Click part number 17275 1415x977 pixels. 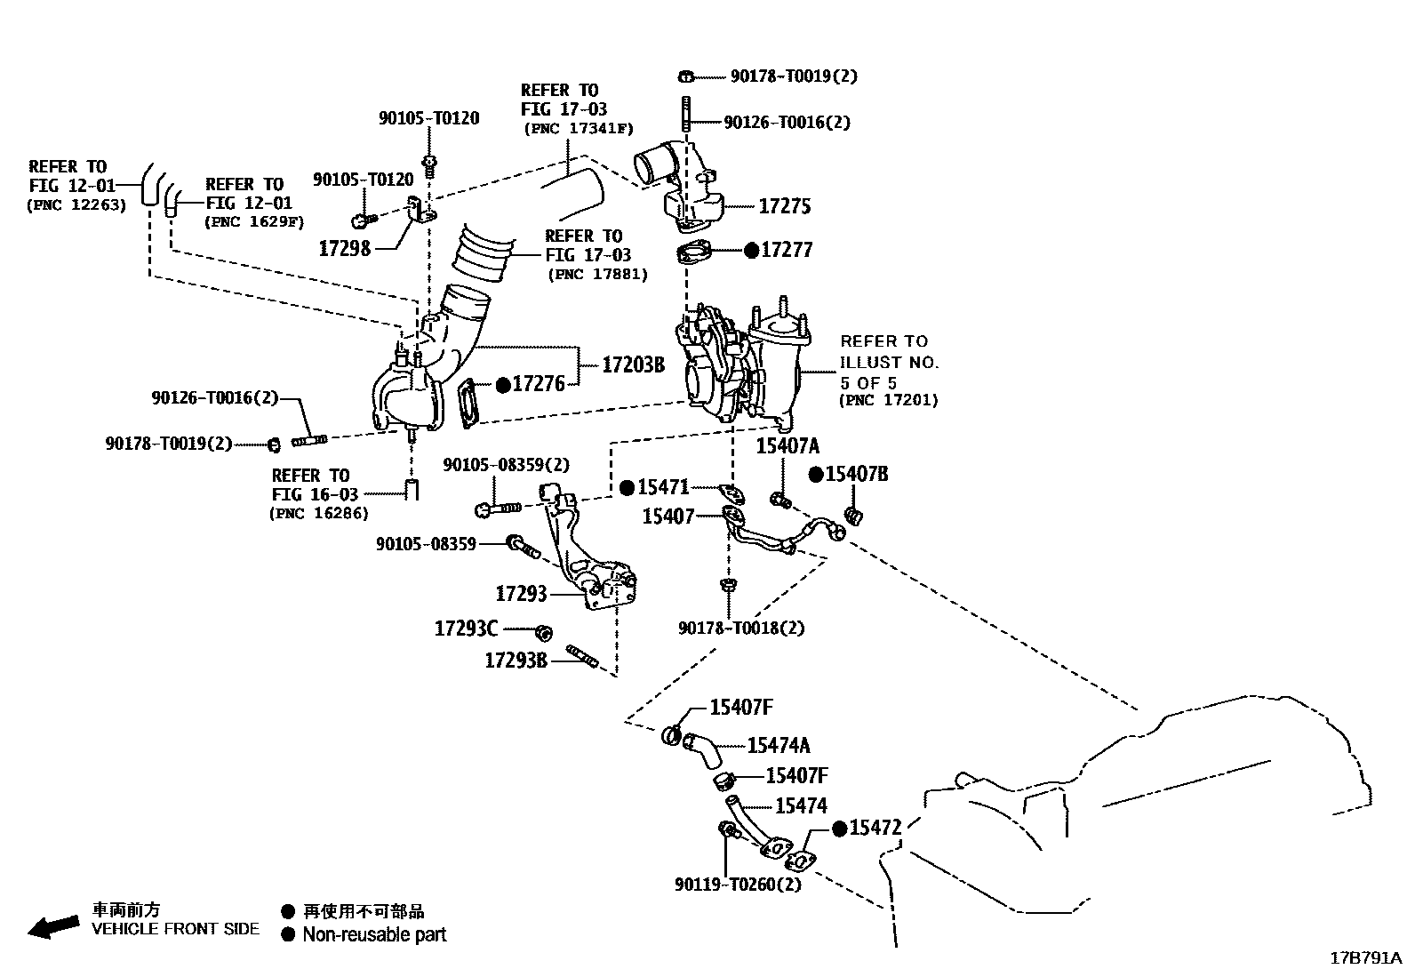[784, 206]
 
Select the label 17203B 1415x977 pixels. [633, 364]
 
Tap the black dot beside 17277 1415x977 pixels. [751, 251]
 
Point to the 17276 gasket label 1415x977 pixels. [539, 384]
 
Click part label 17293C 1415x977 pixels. [466, 629]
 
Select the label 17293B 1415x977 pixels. [516, 660]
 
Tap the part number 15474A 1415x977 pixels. [779, 746]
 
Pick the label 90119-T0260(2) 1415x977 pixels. [738, 885]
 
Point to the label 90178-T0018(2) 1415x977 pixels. [741, 628]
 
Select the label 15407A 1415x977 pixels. [787, 446]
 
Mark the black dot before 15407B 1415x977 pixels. [816, 475]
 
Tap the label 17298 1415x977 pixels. [344, 248]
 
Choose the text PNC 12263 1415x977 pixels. [76, 204]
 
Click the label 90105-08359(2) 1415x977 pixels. [507, 465]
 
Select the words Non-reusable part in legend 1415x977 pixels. [374, 934]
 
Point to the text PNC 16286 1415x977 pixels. [318, 513]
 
